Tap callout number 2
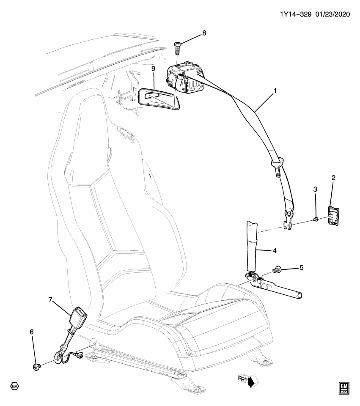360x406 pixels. coord(333,178)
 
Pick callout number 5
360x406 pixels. coord(301,267)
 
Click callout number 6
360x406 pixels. coord(31,332)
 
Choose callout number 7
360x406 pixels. coord(50,300)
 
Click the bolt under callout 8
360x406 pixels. coord(178,48)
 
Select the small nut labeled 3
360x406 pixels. coord(315,219)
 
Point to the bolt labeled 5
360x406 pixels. coord(279,269)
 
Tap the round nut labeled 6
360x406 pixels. coord(36,365)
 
